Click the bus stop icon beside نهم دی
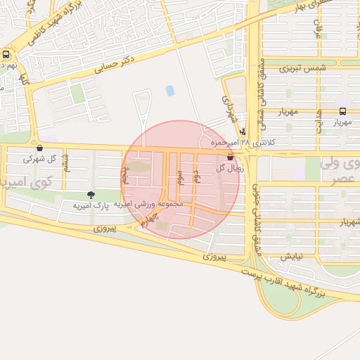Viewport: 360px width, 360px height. [6, 54]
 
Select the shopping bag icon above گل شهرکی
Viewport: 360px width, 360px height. [39, 148]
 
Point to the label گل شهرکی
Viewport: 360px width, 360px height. [37, 158]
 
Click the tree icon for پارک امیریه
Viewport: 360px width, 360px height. [91, 194]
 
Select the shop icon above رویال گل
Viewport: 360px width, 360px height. [230, 157]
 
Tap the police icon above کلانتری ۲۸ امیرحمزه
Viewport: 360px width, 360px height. [243, 131]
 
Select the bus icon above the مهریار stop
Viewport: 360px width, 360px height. [342, 111]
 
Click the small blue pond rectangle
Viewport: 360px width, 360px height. [170, 90]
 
